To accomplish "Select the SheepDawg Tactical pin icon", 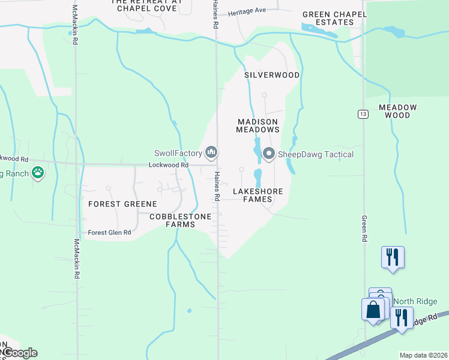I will point(268,154).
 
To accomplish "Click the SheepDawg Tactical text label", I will point(316,154).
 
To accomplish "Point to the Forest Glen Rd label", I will point(109,232).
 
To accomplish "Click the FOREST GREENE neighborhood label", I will point(122,204).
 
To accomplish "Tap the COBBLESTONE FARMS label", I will point(181,220).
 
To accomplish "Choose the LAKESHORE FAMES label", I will point(258,195).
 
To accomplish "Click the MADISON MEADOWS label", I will point(258,125).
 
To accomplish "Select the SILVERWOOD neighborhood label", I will point(272,75).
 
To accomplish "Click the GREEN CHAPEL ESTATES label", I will point(334,18).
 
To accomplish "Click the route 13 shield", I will point(363,113).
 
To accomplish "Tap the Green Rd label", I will point(364,229).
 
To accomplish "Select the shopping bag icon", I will point(373,310).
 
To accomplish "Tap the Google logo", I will point(19,353).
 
